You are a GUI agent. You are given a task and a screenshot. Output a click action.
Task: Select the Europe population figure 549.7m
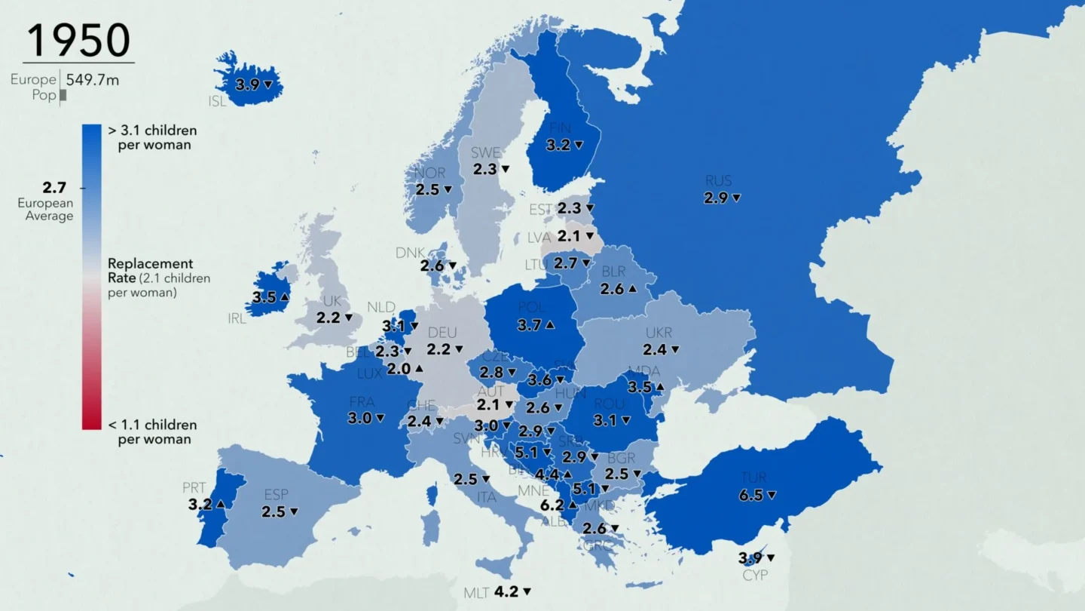coord(92,79)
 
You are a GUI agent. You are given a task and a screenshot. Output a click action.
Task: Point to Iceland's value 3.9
coord(247,84)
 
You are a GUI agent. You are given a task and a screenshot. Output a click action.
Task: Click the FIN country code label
coord(560,128)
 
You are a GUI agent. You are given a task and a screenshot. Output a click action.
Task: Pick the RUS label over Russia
coord(718,181)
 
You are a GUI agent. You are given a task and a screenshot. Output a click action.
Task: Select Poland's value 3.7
coord(529,325)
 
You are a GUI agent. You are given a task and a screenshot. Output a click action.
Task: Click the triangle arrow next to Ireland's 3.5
coord(285,297)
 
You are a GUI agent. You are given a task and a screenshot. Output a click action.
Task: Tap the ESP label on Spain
coord(276,495)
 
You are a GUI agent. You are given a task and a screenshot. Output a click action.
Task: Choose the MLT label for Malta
coord(476,593)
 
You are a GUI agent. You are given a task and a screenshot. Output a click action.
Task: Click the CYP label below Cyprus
coord(755,575)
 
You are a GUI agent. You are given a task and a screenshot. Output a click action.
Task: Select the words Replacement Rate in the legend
coord(149,270)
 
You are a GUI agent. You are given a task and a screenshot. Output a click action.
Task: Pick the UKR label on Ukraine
coord(659,333)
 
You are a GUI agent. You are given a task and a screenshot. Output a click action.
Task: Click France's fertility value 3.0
coord(359,418)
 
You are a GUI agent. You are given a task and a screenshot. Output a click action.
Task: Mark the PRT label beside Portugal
coord(194,488)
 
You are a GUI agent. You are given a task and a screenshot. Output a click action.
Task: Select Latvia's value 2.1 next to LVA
coord(569,236)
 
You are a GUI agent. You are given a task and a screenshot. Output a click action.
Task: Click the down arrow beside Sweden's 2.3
coord(506,170)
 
